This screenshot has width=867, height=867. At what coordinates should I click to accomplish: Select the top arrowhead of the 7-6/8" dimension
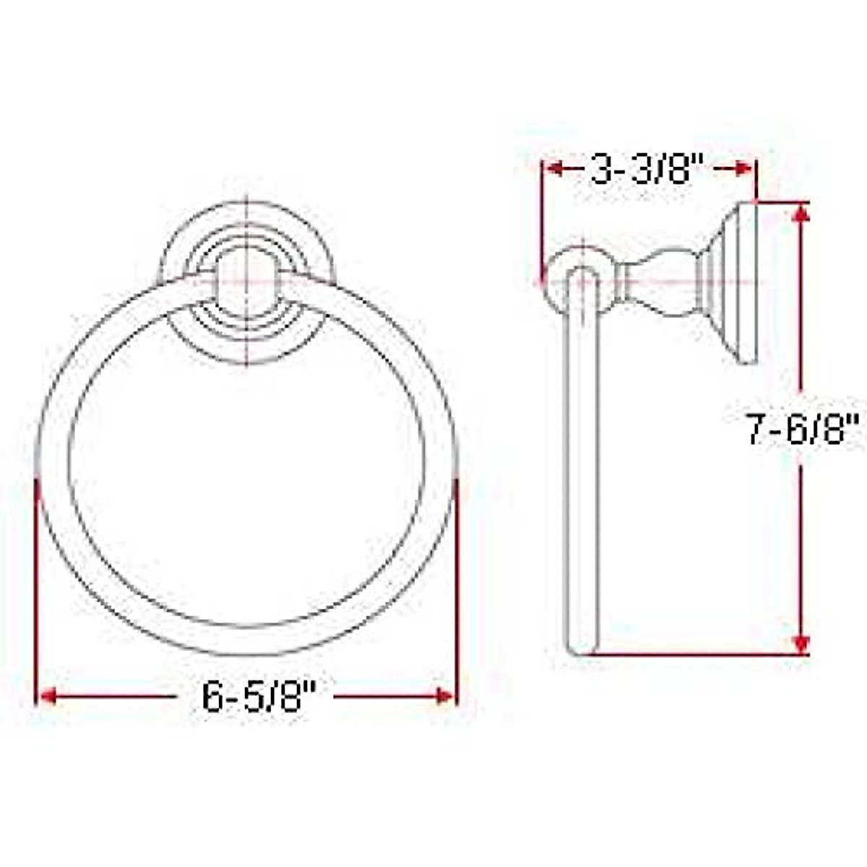coord(800,213)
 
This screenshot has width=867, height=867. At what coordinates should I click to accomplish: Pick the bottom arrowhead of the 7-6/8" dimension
coord(800,643)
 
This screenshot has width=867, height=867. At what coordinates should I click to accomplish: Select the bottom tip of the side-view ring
coord(581,650)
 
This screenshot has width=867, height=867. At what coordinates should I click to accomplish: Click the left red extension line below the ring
coord(35,592)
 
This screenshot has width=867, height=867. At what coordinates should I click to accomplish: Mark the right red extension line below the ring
coord(457,592)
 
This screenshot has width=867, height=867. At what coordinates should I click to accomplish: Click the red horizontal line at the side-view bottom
coord(701,655)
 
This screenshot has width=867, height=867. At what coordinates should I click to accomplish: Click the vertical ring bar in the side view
coord(582,462)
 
